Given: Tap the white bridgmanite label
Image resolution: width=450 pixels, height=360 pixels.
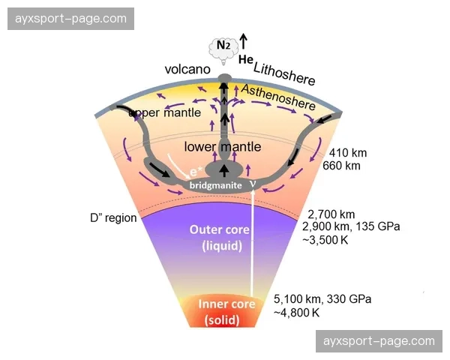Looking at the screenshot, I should (x=216, y=184).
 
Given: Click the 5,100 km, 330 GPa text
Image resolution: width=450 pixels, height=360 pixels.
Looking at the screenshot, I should (x=322, y=298).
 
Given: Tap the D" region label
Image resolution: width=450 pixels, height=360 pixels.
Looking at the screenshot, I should (x=112, y=219).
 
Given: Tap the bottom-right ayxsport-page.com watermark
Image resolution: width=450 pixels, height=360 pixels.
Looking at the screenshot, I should (x=379, y=341).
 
